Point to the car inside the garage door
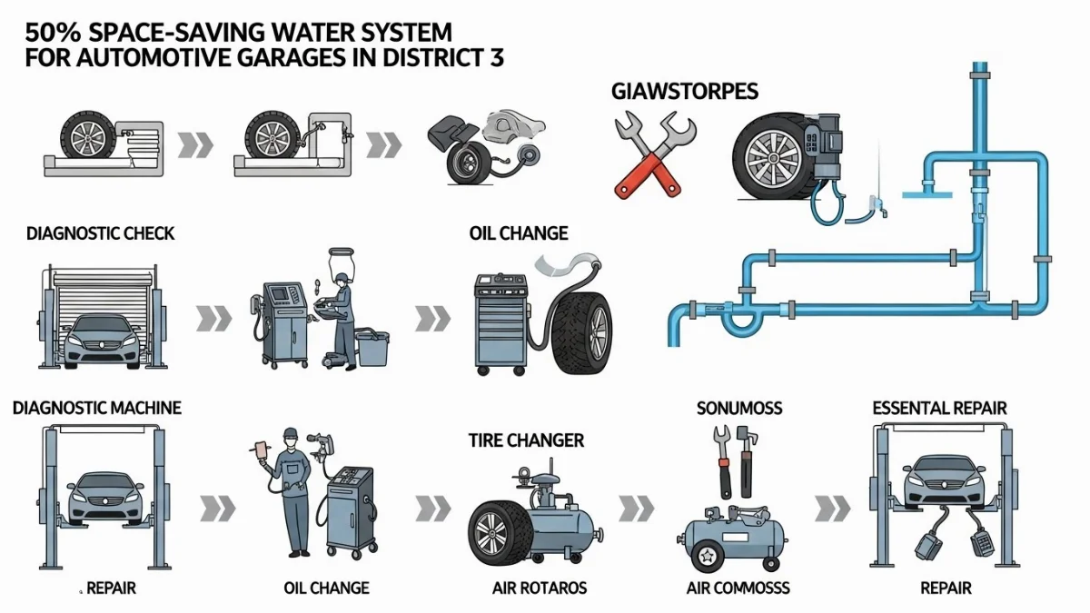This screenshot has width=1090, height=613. pos(104,338)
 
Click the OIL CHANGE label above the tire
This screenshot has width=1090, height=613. pos(519,233)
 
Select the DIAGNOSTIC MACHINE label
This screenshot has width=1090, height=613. pos(97,408)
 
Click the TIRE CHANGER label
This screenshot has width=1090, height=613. pos(526,441)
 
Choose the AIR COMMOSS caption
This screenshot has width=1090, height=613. pos(738,588)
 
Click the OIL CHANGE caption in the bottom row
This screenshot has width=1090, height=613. pos(325,588)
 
